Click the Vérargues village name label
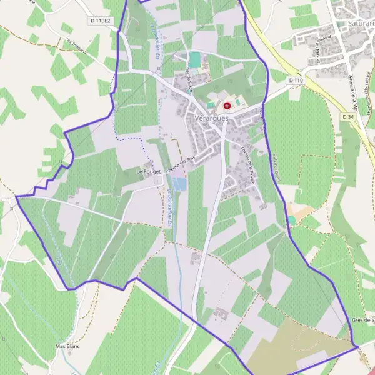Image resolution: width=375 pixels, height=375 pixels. [213, 117]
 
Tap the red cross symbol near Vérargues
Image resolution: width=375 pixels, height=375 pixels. [226, 106]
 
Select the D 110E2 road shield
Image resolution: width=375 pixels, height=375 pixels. [100, 21]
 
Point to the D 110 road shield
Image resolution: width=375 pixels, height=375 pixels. [296, 81]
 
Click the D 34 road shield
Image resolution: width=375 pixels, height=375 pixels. [349, 117]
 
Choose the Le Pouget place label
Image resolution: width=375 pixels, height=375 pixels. [149, 170]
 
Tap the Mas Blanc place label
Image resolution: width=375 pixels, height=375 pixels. [69, 346]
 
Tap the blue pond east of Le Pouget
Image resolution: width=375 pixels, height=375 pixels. [179, 184]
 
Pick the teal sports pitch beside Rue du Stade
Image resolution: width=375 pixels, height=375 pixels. [195, 60]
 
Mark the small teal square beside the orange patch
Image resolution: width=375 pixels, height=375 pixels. [291, 220]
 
